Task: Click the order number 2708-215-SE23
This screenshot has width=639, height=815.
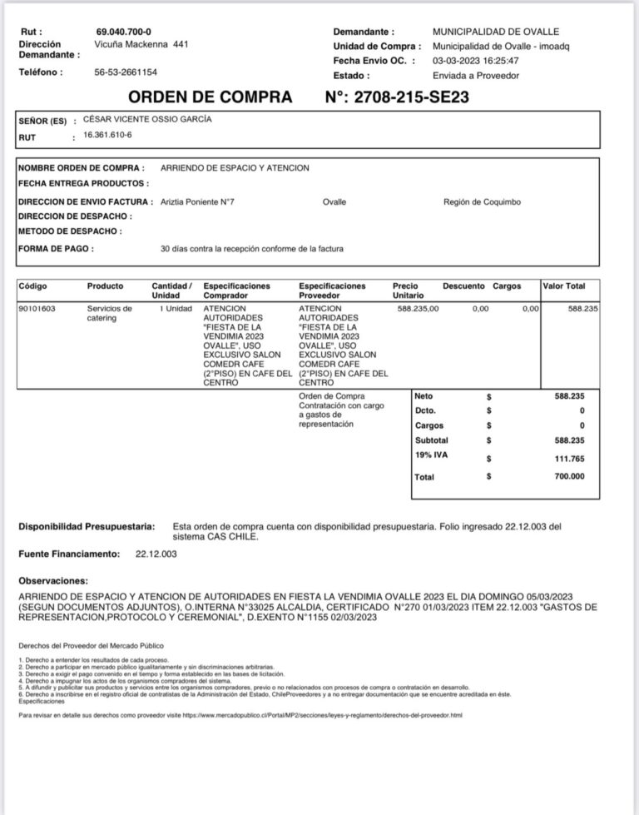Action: click(x=412, y=97)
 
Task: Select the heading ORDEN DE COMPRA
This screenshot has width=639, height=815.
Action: click(x=211, y=97)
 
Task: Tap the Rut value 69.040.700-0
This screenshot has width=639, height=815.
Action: click(x=124, y=31)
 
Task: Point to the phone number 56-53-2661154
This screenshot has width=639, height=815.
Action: click(x=126, y=72)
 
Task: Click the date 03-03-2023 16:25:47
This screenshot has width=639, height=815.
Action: click(x=475, y=61)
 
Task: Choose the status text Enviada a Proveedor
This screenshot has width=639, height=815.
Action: click(x=476, y=75)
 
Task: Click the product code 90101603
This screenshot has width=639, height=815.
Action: click(x=37, y=308)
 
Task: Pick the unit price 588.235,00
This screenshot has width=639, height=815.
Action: click(x=419, y=308)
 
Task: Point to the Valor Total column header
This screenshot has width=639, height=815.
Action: click(x=564, y=286)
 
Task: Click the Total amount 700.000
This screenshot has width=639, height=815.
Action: click(x=570, y=476)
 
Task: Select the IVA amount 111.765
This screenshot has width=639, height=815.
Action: click(x=570, y=459)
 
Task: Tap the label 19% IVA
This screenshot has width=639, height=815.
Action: click(x=431, y=455)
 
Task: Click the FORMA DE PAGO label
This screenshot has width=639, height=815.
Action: click(x=56, y=248)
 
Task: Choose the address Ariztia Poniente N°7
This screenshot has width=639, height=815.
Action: click(x=196, y=201)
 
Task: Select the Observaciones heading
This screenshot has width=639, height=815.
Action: click(x=54, y=580)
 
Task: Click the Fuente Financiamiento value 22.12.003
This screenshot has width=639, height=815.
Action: click(x=156, y=553)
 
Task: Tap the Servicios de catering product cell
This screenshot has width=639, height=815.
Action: click(x=109, y=312)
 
